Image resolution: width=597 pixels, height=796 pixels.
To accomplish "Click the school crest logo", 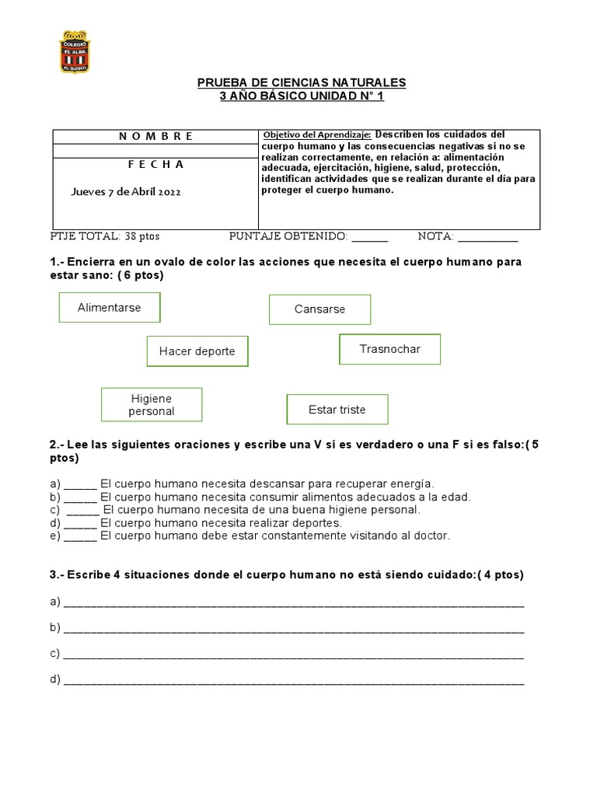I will pyautogui.click(x=75, y=52).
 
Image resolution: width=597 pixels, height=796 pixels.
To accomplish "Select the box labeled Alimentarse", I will pyautogui.click(x=110, y=308).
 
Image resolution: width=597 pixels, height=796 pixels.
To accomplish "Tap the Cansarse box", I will pyautogui.click(x=319, y=309).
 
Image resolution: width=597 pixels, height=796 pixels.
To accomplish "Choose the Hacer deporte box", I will pyautogui.click(x=197, y=351).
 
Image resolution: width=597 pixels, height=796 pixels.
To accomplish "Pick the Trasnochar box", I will pyautogui.click(x=389, y=349).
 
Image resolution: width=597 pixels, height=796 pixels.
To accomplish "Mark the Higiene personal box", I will pyautogui.click(x=152, y=405).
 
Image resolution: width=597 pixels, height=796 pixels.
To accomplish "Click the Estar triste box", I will pyautogui.click(x=337, y=410).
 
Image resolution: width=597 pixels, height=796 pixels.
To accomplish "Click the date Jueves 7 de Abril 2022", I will pyautogui.click(x=126, y=192).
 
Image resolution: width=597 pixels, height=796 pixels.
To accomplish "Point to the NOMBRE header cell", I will pyautogui.click(x=155, y=136).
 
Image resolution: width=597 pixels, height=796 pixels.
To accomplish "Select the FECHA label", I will pyautogui.click(x=155, y=165).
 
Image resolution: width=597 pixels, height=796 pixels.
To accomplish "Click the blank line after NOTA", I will pyautogui.click(x=487, y=237).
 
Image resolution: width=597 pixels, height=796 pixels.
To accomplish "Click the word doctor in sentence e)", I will pyautogui.click(x=433, y=536).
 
